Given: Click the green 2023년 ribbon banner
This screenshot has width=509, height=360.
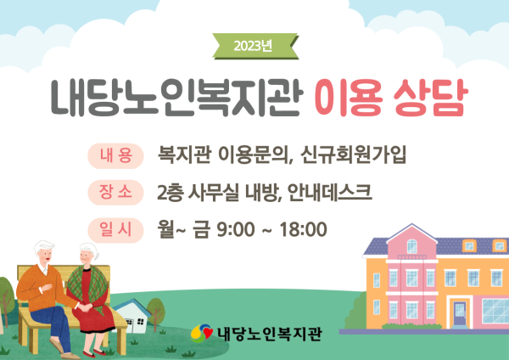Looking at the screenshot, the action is pyautogui.click(x=255, y=46).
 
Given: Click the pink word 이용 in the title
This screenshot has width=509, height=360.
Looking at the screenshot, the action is pyautogui.click(x=349, y=98).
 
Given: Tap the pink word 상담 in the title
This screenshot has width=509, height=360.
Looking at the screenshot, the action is pyautogui.click(x=431, y=98).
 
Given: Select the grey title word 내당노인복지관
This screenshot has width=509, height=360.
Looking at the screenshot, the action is pyautogui.click(x=177, y=98).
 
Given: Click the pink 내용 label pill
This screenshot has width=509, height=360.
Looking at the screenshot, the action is pyautogui.click(x=115, y=156).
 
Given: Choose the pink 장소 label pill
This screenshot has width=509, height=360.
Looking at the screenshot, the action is pyautogui.click(x=115, y=193).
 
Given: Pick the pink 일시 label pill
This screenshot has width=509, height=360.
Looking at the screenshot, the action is pyautogui.click(x=115, y=230).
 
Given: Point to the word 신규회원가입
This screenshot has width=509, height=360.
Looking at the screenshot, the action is pyautogui.click(x=353, y=155).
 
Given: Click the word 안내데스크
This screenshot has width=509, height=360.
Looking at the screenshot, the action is pyautogui.click(x=329, y=192).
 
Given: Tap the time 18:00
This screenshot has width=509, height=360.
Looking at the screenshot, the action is pyautogui.click(x=303, y=230).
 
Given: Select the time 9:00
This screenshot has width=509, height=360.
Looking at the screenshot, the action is pyautogui.click(x=236, y=230).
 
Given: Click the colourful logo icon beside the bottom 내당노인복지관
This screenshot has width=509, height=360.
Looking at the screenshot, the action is pyautogui.click(x=202, y=333).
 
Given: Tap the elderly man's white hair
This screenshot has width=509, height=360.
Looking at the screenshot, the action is pyautogui.click(x=44, y=245).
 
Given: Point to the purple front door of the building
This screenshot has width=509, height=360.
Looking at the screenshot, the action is pyautogui.click(x=460, y=313).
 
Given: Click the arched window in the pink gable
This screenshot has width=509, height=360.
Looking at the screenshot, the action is pyautogui.click(x=412, y=246).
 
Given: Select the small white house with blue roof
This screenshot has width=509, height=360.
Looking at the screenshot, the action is pyautogui.click(x=132, y=316).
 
